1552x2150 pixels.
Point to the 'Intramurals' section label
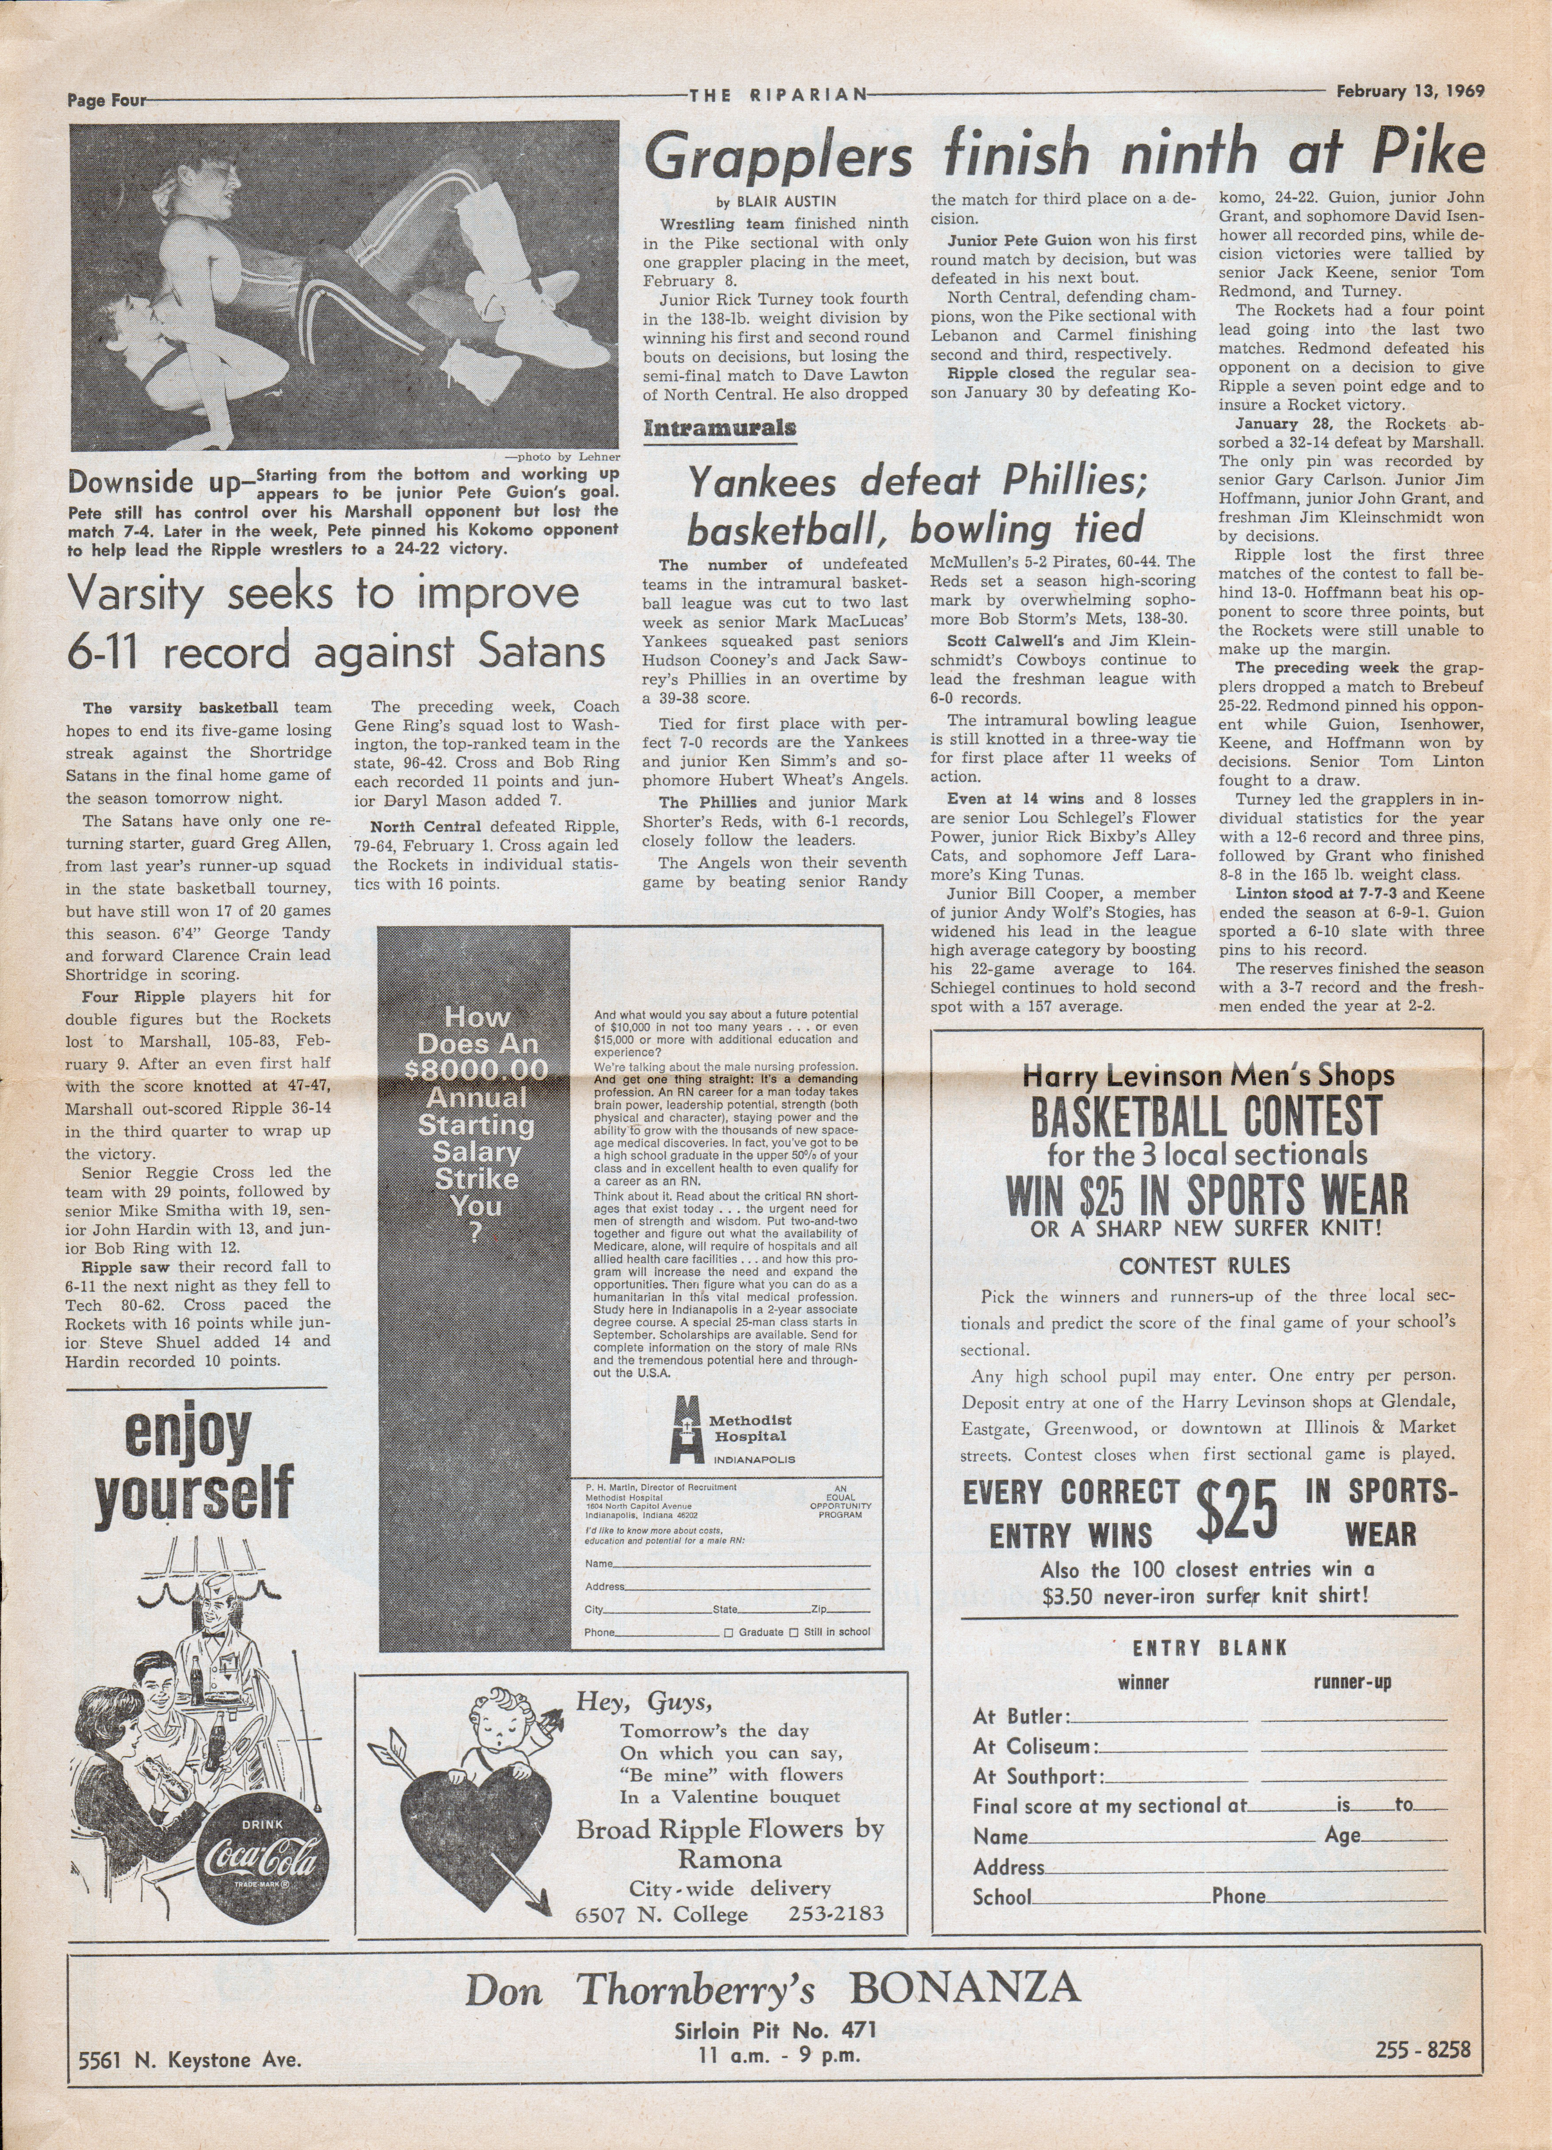(720, 427)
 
